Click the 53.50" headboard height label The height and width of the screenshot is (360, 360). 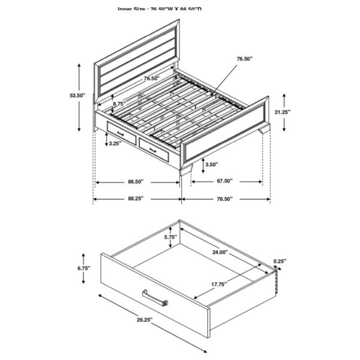(77, 95)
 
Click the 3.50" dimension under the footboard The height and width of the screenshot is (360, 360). (211, 164)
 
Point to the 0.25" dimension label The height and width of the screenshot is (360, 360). (279, 261)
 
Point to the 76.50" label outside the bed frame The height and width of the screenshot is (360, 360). (244, 59)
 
